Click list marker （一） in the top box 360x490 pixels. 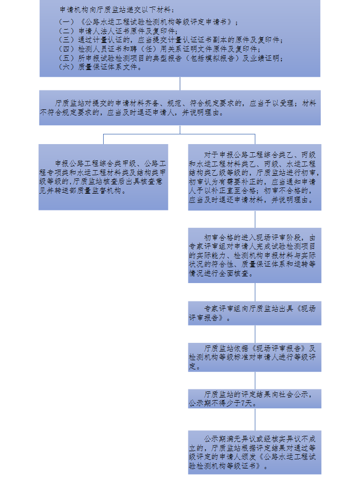pos(66,22)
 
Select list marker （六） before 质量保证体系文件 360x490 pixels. pos(66,67)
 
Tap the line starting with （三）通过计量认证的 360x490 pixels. pos(171,40)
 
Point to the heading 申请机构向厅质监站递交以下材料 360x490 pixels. pos(117,10)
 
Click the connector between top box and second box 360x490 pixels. pos(180,84)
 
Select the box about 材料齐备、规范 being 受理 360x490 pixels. pos(180,108)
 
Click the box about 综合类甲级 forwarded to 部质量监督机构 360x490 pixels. pos(103,177)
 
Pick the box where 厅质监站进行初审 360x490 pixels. pos(255,177)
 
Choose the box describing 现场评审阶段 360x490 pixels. pos(255,255)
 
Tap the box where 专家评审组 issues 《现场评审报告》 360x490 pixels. pos(255,313)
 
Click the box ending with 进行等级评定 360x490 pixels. pos(255,357)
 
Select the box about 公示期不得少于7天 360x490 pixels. pos(255,399)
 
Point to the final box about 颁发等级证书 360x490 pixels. pos(255,453)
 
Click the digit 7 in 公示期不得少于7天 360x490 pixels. pos(243,404)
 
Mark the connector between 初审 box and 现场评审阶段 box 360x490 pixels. pos(255,219)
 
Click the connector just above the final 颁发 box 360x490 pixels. pos(255,419)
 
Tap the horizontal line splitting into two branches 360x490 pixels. pos(179,134)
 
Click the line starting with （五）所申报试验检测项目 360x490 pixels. pos(171,58)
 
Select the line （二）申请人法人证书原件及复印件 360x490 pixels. pos(118,31)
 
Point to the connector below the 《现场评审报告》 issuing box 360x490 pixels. pos(255,334)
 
